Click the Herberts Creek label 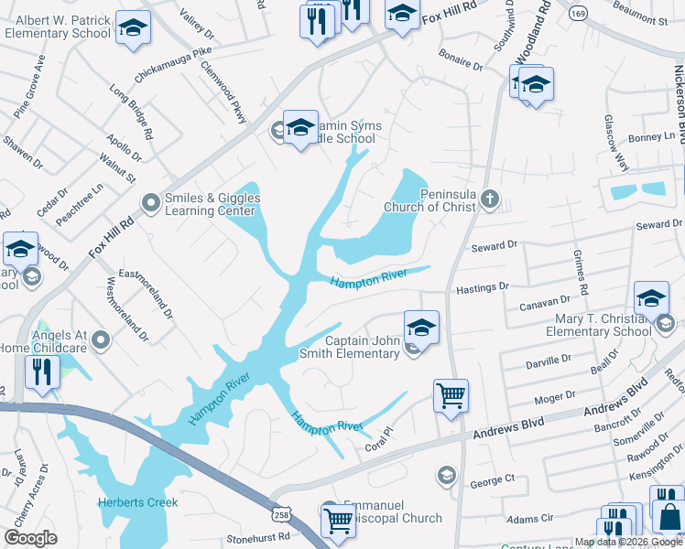pyautogui.click(x=138, y=502)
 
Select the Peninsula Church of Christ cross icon pyautogui.click(x=491, y=198)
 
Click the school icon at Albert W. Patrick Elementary pyautogui.click(x=134, y=28)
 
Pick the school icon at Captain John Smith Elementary pyautogui.click(x=421, y=327)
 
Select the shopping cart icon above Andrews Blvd pyautogui.click(x=451, y=395)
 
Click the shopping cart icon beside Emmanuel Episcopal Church pyautogui.click(x=338, y=520)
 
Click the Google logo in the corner pyautogui.click(x=30, y=538)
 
